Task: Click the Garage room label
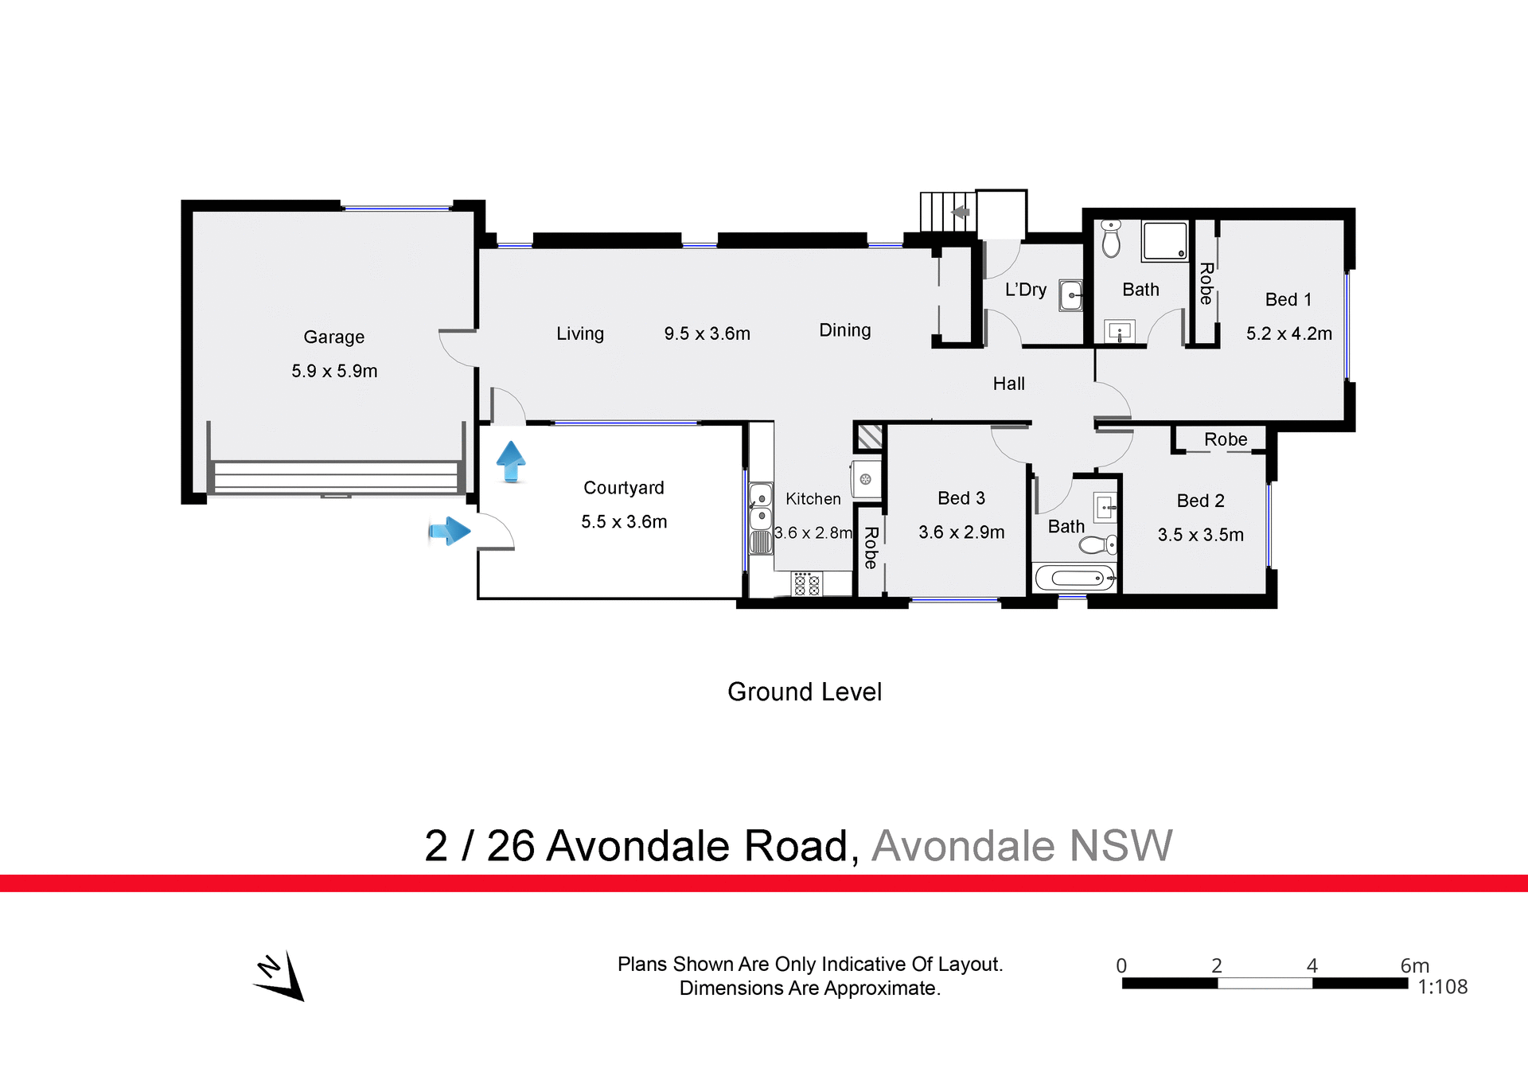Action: click(x=333, y=337)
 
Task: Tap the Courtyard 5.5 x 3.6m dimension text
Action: click(x=624, y=522)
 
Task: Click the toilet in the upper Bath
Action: click(x=1111, y=238)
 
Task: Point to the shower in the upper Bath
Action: click(x=1165, y=240)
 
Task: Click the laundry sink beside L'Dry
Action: click(x=1071, y=295)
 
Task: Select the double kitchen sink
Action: click(x=761, y=507)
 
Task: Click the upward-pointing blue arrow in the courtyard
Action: click(x=511, y=462)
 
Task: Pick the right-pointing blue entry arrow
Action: click(x=450, y=531)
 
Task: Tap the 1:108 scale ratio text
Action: click(x=1442, y=987)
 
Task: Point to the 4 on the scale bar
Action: click(x=1312, y=965)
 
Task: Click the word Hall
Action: click(x=1008, y=384)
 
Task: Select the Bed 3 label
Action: click(x=961, y=498)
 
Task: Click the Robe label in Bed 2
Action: click(x=1226, y=439)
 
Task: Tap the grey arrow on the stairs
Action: click(x=961, y=212)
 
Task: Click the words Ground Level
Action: click(x=804, y=692)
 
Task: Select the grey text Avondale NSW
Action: click(x=1022, y=845)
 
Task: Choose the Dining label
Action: click(x=844, y=330)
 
